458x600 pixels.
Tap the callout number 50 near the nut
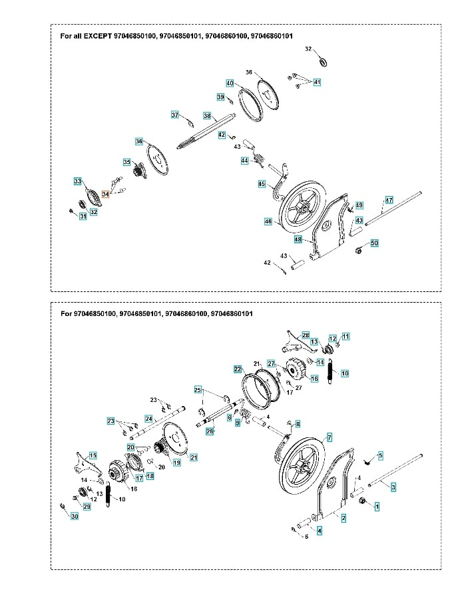(374, 244)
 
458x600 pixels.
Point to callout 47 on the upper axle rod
(389, 200)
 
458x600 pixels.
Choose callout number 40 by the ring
(230, 83)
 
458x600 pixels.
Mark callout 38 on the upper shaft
(207, 115)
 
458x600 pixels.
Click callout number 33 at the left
(78, 181)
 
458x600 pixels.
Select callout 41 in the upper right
(317, 82)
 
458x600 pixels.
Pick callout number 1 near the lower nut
(377, 507)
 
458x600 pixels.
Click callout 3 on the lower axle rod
(393, 488)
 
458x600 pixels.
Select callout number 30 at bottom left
(75, 517)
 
